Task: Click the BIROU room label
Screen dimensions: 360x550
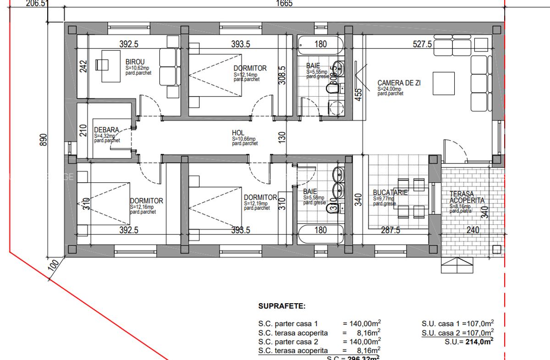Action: pos(135,62)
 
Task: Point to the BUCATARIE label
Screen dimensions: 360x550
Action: pos(390,193)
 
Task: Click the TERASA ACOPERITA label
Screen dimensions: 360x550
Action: pos(467,197)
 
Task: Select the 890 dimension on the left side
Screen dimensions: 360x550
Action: pos(44,139)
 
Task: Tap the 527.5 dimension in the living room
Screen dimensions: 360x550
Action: pos(422,44)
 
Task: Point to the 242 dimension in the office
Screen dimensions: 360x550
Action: pos(83,67)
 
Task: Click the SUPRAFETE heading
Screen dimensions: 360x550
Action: pos(282,305)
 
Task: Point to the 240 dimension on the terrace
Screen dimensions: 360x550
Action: pos(475,230)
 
